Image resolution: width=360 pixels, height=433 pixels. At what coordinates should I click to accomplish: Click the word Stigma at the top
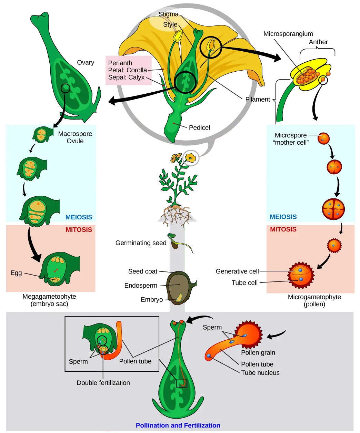[168, 14]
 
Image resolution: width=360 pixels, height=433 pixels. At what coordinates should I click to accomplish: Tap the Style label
[170, 24]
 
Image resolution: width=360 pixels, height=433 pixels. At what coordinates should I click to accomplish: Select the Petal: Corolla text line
[128, 70]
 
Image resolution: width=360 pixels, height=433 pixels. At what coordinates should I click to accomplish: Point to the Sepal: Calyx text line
[126, 77]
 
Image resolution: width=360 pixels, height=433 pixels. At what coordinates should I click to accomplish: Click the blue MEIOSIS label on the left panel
[79, 217]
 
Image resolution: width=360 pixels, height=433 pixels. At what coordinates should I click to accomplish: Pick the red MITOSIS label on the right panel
[283, 229]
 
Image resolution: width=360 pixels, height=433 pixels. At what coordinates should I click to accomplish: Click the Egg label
[16, 273]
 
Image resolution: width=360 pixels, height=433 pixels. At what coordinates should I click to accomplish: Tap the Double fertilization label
[103, 383]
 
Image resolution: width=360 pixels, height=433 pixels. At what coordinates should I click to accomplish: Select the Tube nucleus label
[260, 373]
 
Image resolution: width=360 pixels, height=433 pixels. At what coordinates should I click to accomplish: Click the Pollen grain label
[258, 352]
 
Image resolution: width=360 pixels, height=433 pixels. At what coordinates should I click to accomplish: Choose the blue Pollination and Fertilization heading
[178, 425]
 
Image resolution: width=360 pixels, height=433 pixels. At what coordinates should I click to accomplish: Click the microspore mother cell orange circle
[323, 138]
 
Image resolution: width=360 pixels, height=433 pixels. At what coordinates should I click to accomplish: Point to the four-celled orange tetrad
[333, 209]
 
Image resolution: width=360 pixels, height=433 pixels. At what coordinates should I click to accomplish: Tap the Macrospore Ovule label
[75, 137]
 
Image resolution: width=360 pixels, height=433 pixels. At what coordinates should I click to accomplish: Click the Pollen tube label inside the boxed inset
[135, 361]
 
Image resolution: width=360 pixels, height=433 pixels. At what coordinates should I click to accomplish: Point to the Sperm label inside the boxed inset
[78, 361]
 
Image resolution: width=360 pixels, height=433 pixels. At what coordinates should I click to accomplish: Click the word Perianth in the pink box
[120, 63]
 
